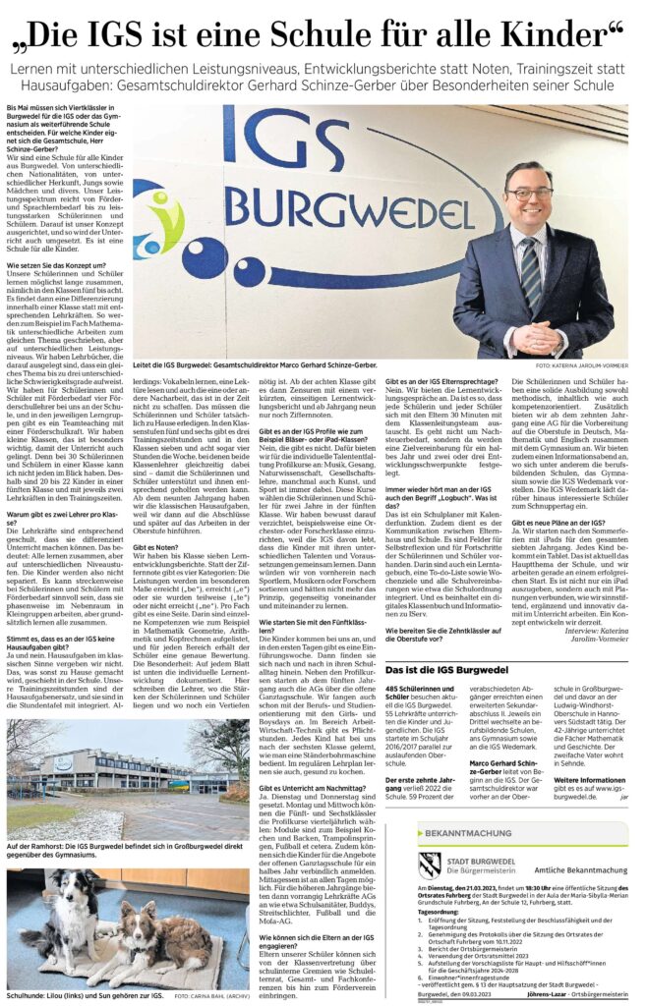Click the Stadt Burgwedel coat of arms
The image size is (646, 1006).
(429, 866)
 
